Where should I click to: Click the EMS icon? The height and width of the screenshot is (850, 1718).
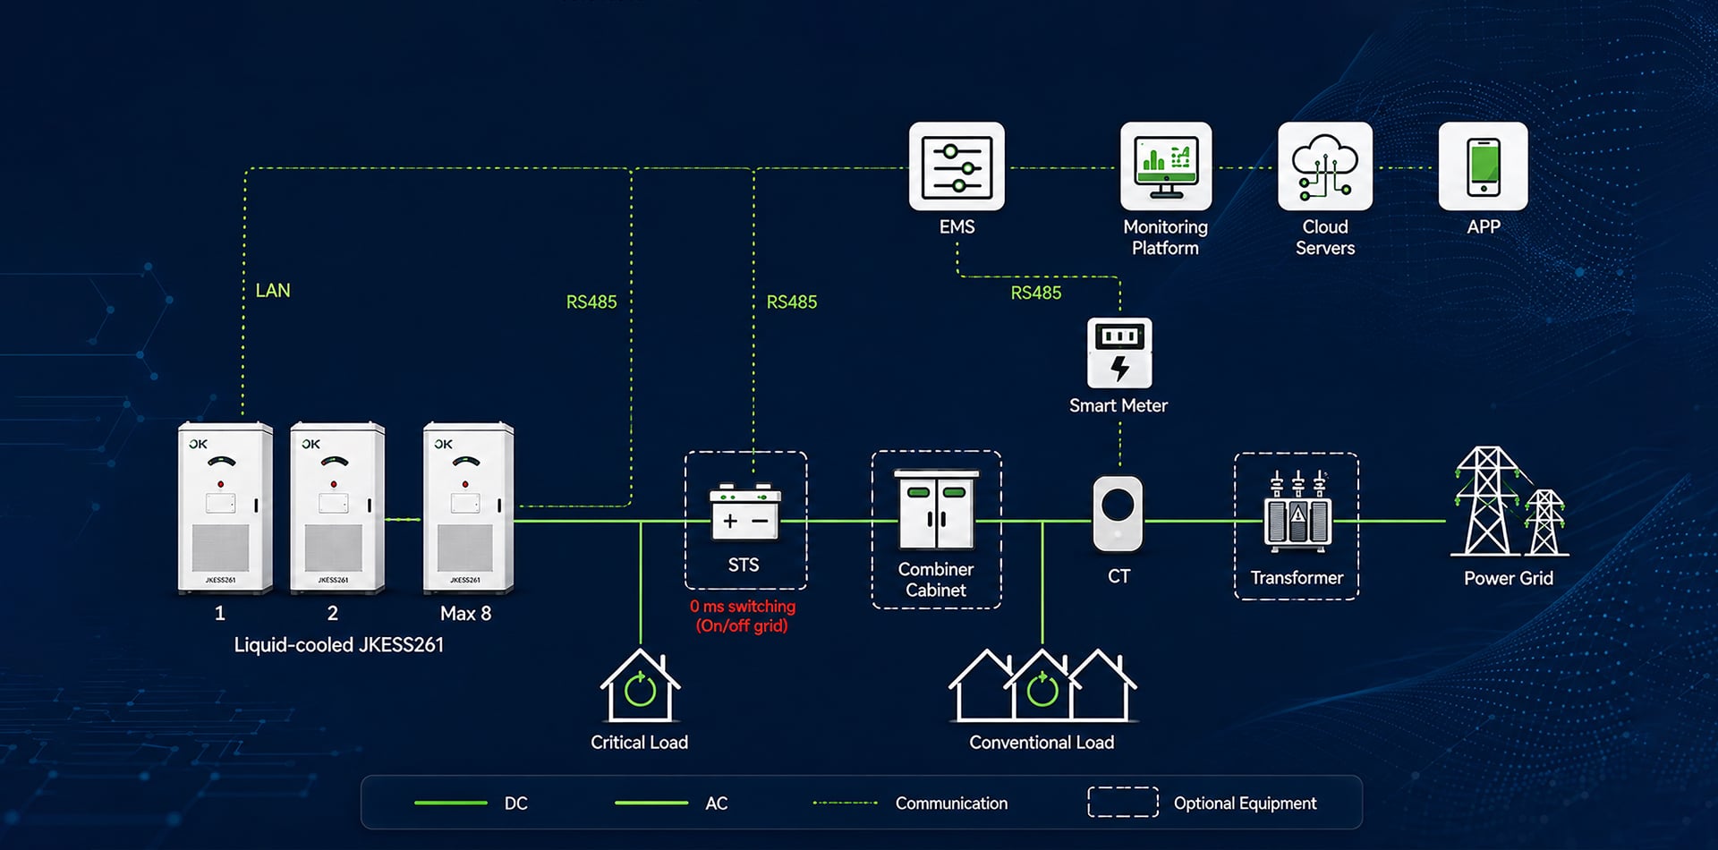[x=957, y=166]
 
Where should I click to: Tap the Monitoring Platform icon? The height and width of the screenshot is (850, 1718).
[x=1166, y=166]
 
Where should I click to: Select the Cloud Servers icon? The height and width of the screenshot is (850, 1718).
[x=1325, y=166]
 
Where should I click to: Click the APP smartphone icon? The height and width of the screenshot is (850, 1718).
[x=1483, y=166]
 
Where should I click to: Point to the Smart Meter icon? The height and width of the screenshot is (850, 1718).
[x=1119, y=353]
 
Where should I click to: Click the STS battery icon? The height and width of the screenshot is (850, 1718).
[x=744, y=513]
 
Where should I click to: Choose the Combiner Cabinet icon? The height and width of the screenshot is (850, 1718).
[x=936, y=509]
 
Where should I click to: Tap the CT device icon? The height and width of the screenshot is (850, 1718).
[x=1118, y=514]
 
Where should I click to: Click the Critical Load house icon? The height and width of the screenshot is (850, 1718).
[x=640, y=686]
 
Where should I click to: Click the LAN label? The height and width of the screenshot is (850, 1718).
[x=273, y=291]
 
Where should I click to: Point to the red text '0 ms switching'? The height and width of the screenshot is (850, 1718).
[x=743, y=607]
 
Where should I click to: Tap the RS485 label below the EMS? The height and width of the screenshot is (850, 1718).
[x=1036, y=293]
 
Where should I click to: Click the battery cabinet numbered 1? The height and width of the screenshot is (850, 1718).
[x=225, y=506]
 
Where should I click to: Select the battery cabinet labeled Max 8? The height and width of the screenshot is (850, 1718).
[x=469, y=506]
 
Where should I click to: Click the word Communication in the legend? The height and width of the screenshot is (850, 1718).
[x=951, y=803]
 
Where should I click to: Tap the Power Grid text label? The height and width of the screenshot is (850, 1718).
[x=1509, y=579]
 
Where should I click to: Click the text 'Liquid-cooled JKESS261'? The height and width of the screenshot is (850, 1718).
[x=339, y=645]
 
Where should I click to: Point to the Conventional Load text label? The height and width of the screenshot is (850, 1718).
[x=1042, y=743]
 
